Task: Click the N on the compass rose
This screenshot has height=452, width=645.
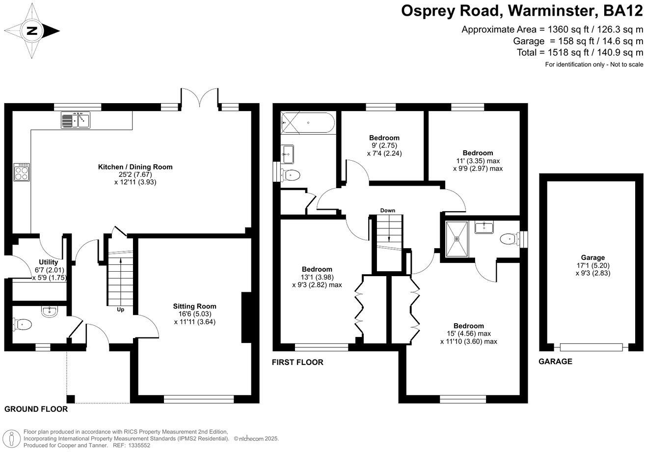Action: point(32,30)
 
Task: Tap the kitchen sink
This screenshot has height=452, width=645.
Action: point(76,120)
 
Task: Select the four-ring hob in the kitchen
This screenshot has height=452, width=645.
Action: point(22,172)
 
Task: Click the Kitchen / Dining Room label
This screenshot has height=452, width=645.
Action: point(135,167)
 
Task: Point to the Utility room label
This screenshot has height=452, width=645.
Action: point(49,262)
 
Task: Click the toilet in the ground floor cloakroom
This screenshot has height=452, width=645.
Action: point(22,325)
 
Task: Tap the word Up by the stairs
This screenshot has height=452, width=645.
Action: point(120,310)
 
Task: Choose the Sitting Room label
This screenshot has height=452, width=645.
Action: point(195,306)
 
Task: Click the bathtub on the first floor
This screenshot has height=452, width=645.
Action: point(308,122)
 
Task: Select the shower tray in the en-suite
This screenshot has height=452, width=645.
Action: point(457,239)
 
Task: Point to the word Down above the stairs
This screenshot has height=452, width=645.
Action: point(388,210)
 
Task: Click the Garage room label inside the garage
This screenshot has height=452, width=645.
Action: point(593,257)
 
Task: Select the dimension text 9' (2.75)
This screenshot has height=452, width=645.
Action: point(384,145)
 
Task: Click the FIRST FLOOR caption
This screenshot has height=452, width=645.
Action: point(297,363)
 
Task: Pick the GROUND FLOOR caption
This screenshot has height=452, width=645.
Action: point(36,409)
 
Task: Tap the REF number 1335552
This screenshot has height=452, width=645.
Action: point(140,446)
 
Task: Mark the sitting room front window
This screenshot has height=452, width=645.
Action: point(199,399)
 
